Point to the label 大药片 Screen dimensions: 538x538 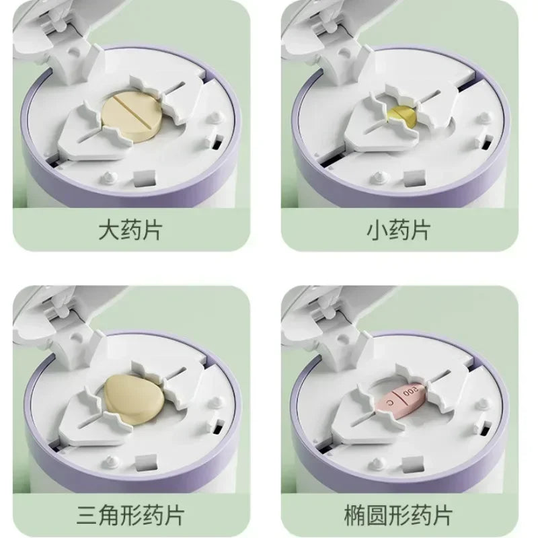coord(130,230)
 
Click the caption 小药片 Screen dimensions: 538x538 coord(398,230)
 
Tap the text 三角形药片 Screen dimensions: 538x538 coord(130,514)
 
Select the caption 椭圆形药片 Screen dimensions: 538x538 coord(398,514)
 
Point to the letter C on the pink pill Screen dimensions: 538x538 coord(389,401)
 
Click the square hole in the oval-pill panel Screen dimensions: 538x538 coord(412,464)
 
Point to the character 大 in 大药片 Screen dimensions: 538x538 coord(108,230)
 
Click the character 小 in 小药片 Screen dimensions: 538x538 coord(377,230)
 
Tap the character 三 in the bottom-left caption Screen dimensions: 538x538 coord(87,514)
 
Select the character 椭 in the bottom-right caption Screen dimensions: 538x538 coord(355,514)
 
